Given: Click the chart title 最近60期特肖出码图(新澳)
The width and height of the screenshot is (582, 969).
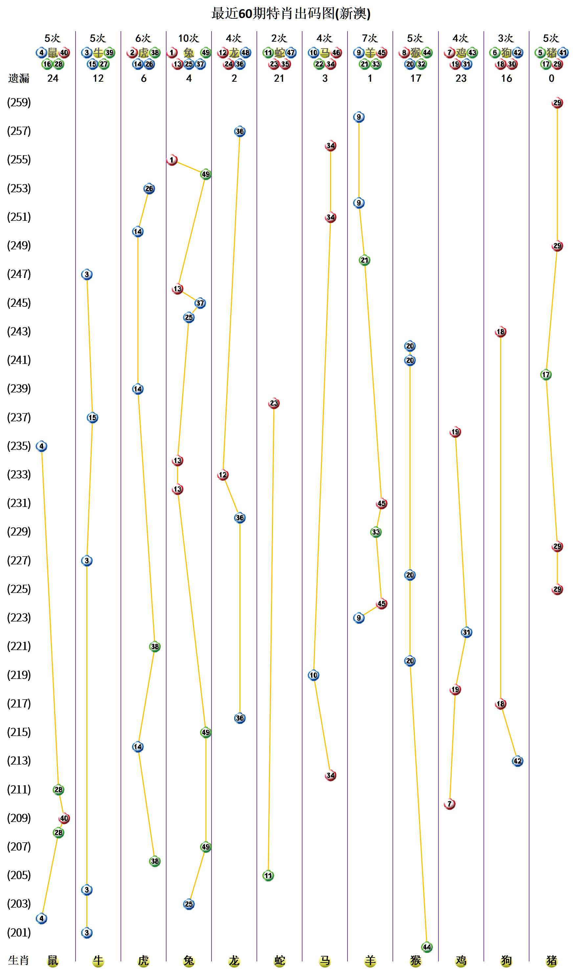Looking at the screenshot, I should (x=291, y=14).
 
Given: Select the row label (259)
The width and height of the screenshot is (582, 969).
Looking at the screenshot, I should (x=19, y=103).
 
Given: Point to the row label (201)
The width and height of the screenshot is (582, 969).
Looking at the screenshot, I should (x=19, y=933).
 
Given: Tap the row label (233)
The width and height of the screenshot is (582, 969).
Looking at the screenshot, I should (x=19, y=474).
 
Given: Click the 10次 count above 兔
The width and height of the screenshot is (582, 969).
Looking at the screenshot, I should (x=188, y=38).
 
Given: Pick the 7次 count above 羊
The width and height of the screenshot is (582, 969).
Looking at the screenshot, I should (x=369, y=38).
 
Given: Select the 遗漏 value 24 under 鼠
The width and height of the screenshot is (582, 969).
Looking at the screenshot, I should (x=53, y=78).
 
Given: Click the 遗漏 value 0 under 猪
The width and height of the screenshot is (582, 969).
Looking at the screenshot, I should (x=551, y=78).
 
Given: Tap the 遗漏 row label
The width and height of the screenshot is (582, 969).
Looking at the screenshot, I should (x=19, y=78).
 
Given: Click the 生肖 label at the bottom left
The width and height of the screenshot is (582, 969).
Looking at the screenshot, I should (x=19, y=960).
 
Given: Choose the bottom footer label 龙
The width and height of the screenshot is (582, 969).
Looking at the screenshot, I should (x=234, y=960).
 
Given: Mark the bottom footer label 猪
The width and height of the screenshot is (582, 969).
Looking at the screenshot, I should (x=551, y=960).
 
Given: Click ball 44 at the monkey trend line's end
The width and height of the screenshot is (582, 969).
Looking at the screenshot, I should (x=427, y=947).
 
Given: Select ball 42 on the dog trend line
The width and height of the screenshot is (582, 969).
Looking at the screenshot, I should (x=517, y=761).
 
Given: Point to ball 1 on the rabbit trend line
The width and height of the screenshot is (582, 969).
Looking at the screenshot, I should (x=172, y=160).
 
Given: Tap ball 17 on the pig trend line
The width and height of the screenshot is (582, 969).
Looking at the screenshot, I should (x=546, y=375).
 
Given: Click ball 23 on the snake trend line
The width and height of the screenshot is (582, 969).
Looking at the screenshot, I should (x=274, y=403).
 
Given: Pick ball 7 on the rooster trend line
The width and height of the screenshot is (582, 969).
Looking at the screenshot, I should (x=449, y=804).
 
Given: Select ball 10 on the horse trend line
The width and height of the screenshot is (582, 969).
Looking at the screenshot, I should (x=313, y=675).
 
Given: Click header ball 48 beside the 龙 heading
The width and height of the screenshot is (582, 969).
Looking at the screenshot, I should (x=245, y=53).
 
